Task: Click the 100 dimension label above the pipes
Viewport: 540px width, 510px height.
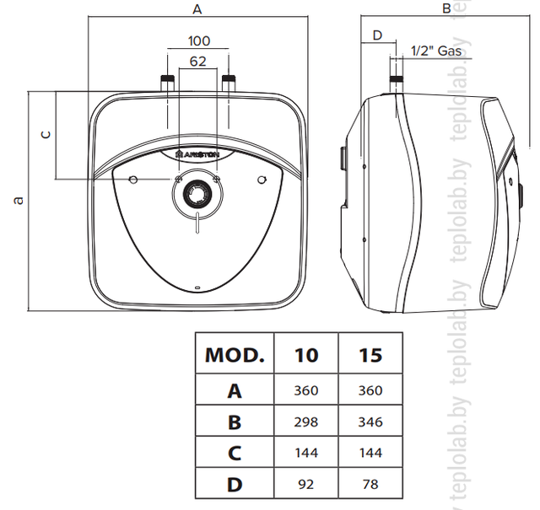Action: point(199,41)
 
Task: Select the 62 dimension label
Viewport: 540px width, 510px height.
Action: point(198,62)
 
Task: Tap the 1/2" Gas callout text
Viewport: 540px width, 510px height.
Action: point(436,51)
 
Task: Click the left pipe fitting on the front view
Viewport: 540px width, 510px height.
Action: point(167,83)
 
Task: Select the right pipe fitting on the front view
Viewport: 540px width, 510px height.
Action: point(229,83)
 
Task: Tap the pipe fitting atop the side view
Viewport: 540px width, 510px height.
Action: point(396,85)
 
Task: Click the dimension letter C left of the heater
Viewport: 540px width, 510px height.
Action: point(46,135)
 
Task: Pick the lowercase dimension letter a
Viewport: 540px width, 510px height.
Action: point(19,201)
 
